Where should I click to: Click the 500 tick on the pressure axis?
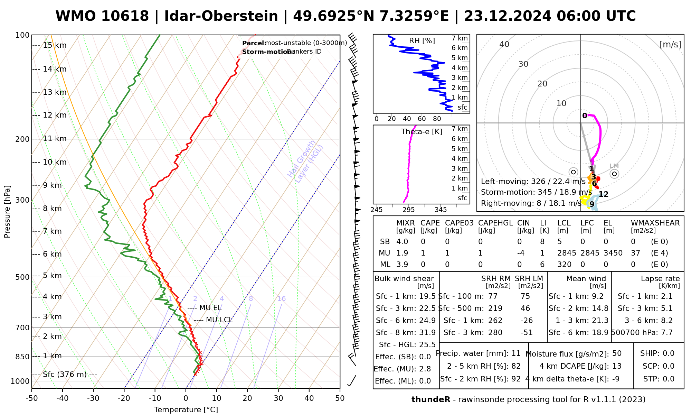pyautogui.click(x=22, y=277)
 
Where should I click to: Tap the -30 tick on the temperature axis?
pyautogui.click(x=93, y=398)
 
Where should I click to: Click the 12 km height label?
pyautogui.click(x=55, y=115)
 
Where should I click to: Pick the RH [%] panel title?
pyautogui.click(x=422, y=41)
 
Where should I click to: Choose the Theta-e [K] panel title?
pyautogui.click(x=422, y=132)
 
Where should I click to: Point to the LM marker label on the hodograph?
pyautogui.click(x=614, y=166)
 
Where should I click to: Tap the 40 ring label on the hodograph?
pyautogui.click(x=504, y=44)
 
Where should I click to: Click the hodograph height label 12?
pyautogui.click(x=604, y=194)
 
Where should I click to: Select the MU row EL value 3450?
pyautogui.click(x=613, y=253)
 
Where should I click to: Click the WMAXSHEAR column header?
pyautogui.click(x=655, y=223)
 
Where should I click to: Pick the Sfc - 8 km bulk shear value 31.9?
pyautogui.click(x=427, y=333)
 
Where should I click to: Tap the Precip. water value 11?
pyautogui.click(x=516, y=353)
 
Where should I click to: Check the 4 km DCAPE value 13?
pyautogui.click(x=617, y=366)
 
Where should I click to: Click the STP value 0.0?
pyautogui.click(x=669, y=379)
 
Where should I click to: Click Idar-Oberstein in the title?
pyautogui.click(x=221, y=16)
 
